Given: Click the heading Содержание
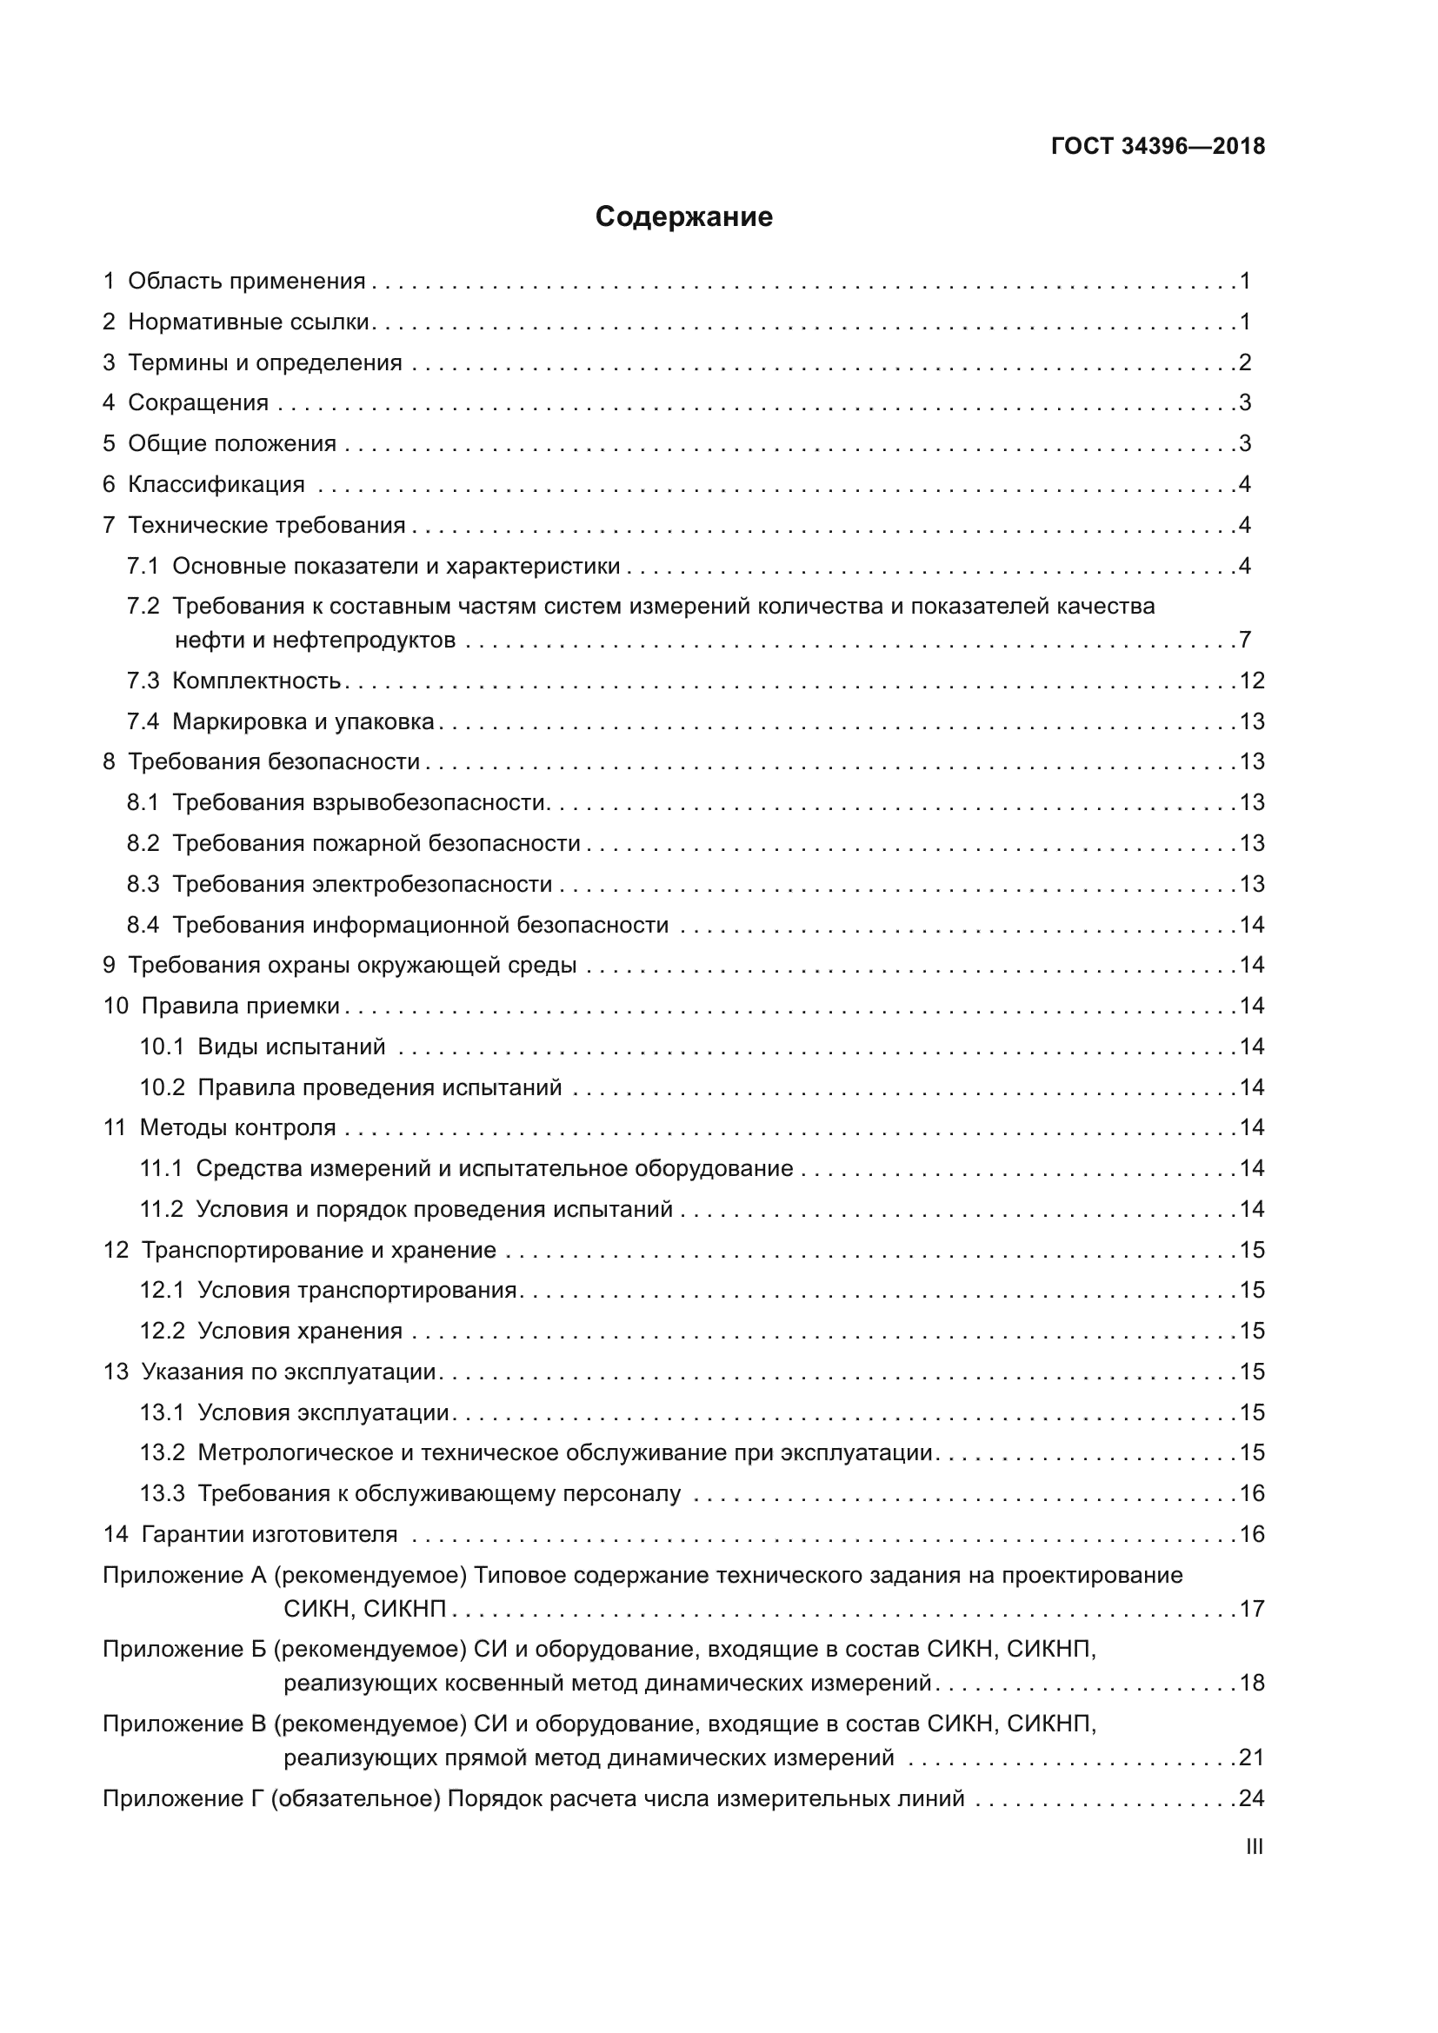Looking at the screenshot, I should click(x=683, y=217).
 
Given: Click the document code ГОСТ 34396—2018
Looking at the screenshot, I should click(x=1157, y=147).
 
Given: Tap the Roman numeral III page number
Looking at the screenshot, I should click(x=1254, y=1846).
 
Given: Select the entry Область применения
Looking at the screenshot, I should click(x=246, y=282).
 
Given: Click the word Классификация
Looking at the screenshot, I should click(x=216, y=484).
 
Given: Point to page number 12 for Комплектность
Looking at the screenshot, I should click(x=1251, y=681).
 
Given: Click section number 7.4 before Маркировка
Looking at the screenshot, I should click(x=143, y=721).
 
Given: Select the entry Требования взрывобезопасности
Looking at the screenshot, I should click(x=358, y=803).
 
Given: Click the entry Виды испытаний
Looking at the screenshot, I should click(x=291, y=1046).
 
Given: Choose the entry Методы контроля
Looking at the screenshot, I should click(x=237, y=1128).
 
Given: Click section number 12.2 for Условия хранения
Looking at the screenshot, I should click(x=162, y=1331).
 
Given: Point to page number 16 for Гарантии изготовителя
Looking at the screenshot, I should click(x=1251, y=1534).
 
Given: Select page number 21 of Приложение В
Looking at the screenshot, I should click(x=1251, y=1757).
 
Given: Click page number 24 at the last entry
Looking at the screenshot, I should click(x=1251, y=1798).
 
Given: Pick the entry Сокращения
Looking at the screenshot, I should click(x=197, y=403).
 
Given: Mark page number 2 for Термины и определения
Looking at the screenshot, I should click(x=1245, y=362).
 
